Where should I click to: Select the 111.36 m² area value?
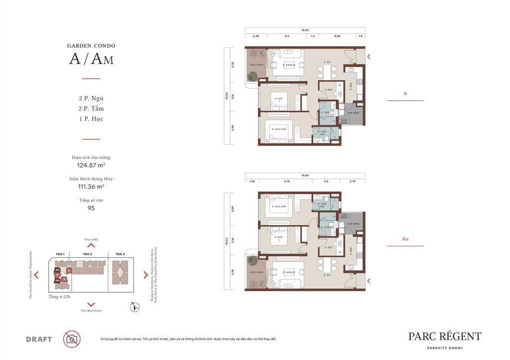click(x=91, y=186)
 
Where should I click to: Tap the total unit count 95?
click(x=91, y=208)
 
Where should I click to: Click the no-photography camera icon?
click(x=72, y=339)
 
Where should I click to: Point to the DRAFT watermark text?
click(x=39, y=340)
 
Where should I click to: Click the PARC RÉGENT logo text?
click(x=444, y=337)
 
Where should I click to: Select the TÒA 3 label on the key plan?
click(x=120, y=254)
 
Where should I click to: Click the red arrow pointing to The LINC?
click(x=91, y=245)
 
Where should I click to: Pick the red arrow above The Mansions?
click(x=91, y=304)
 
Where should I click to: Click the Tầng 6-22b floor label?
click(x=60, y=297)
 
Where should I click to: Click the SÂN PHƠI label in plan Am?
click(x=353, y=224)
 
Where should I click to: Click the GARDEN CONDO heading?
click(x=91, y=46)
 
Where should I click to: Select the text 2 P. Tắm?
click(x=91, y=109)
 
